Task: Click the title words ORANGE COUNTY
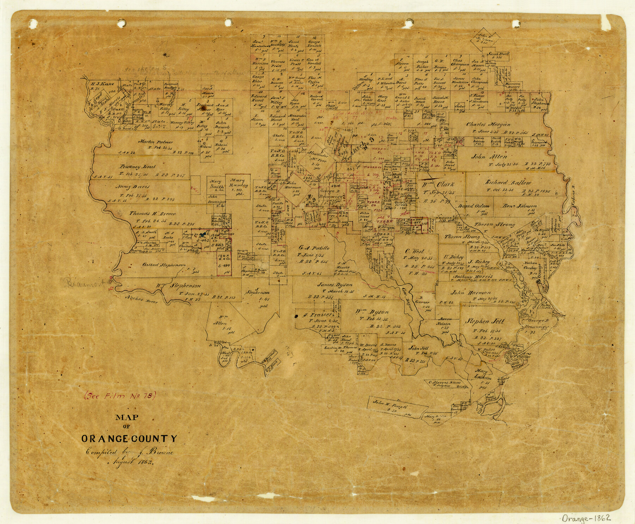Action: [129, 439]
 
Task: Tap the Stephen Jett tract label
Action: [486, 321]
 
